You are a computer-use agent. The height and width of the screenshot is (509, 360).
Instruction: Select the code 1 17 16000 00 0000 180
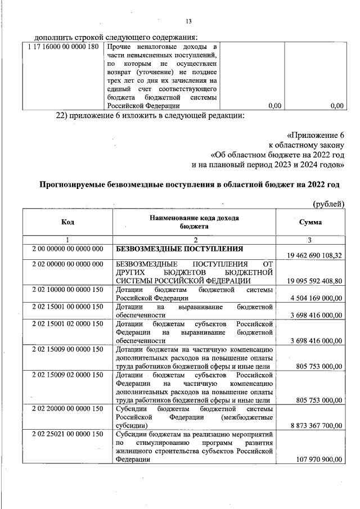(63, 47)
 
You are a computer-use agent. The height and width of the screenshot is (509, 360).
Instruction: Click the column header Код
(67, 222)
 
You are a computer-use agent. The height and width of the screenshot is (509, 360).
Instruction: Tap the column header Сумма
(310, 222)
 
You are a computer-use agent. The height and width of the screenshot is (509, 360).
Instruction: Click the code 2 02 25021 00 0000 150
(67, 434)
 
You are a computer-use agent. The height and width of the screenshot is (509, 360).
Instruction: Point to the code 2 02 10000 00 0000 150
(67, 290)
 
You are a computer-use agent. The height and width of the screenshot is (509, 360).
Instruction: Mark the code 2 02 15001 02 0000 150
(67, 324)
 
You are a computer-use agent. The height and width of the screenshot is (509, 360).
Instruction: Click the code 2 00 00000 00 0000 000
(67, 248)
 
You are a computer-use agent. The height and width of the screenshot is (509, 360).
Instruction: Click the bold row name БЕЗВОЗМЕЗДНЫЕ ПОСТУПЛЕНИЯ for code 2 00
(179, 248)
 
